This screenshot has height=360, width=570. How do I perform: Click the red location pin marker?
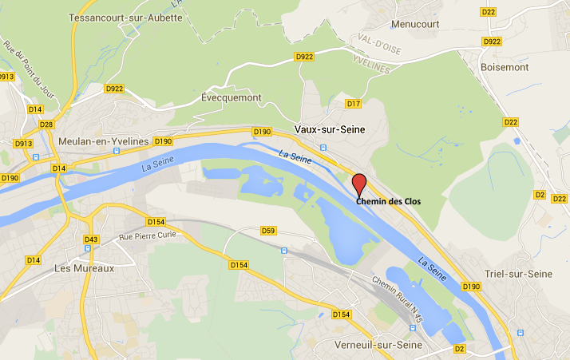[359, 184]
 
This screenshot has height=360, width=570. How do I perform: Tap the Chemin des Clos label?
[388, 201]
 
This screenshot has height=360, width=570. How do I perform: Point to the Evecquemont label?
[232, 97]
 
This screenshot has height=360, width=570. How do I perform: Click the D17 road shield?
[354, 104]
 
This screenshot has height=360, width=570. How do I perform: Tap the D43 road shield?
[91, 239]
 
